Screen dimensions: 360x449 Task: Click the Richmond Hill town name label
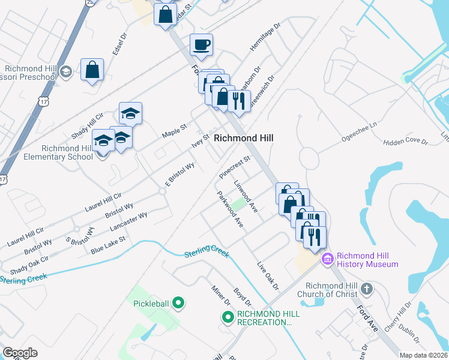coord(243,138)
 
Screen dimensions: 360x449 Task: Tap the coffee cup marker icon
coord(201,44)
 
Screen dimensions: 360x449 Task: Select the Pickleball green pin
coord(177,303)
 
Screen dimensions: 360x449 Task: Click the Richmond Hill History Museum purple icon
coord(327,259)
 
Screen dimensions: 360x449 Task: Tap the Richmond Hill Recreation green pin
coord(228,317)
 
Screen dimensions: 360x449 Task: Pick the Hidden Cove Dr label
coord(405,142)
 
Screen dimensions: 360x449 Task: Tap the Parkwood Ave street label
coord(231,209)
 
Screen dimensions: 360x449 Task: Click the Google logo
coord(20,353)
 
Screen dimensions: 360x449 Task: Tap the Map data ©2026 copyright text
coord(424,355)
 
